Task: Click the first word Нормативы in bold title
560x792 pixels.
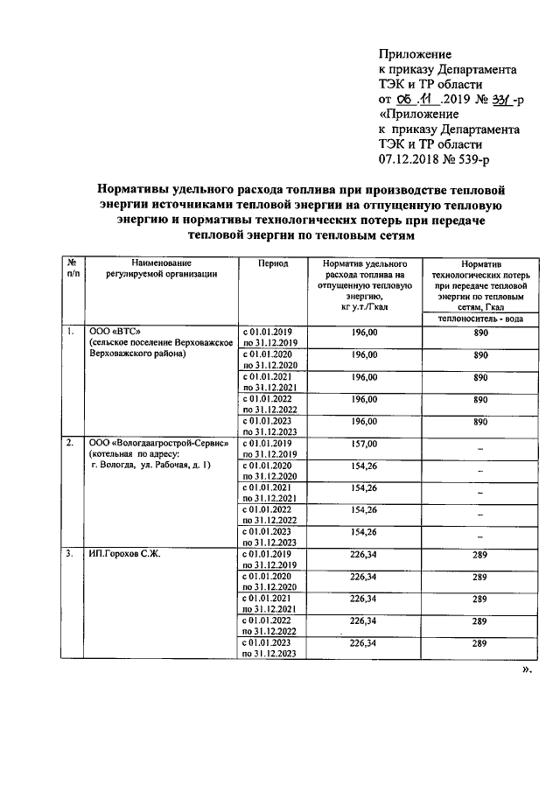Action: pos(136,188)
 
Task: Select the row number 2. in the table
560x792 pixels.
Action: pos(69,444)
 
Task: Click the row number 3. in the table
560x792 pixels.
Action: pos(69,555)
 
